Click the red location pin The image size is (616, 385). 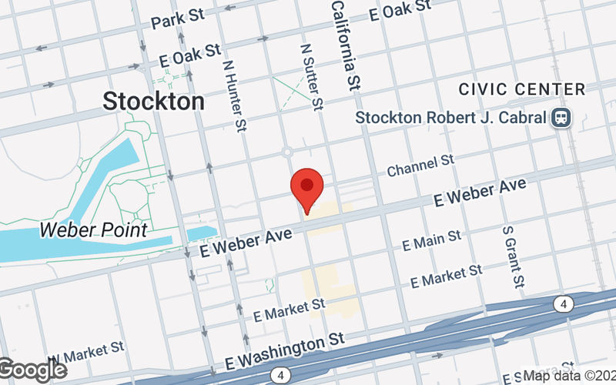[x=306, y=186]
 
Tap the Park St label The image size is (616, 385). [x=177, y=19]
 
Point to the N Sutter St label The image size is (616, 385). [x=311, y=76]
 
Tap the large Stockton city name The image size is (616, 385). [x=154, y=101]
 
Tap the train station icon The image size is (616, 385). [x=560, y=118]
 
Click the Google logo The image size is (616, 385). [x=32, y=370]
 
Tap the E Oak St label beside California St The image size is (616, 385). [x=400, y=11]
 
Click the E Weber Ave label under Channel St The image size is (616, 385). [x=480, y=192]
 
